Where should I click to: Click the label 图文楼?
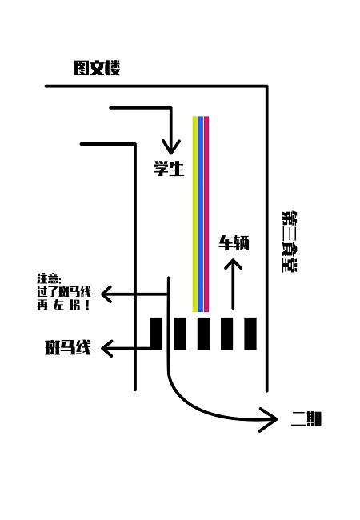[97, 68]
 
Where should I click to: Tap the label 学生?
[169, 168]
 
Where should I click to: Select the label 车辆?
[234, 242]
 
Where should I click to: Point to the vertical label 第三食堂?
[289, 242]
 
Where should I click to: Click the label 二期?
[306, 419]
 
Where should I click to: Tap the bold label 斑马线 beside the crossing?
[68, 347]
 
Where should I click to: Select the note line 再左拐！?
[64, 305]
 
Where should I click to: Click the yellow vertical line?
[195, 214]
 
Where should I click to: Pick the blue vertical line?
[200, 214]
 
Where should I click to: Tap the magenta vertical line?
[206, 214]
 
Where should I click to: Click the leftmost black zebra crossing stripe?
[157, 334]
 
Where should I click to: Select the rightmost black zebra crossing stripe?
[250, 334]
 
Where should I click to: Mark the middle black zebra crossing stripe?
[203, 334]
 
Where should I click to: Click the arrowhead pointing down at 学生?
[171, 147]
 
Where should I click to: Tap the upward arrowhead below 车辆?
[233, 264]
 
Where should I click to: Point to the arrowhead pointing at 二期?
[269, 419]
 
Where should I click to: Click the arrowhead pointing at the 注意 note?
[106, 294]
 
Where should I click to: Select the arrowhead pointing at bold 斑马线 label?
[106, 348]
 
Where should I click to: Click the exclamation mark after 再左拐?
[87, 305]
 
